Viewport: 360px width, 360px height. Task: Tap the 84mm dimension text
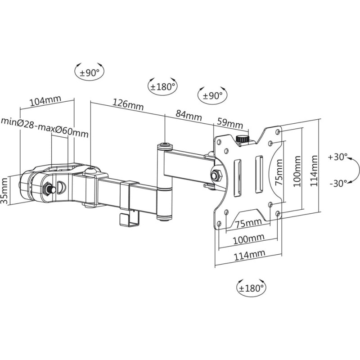pyautogui.click(x=188, y=115)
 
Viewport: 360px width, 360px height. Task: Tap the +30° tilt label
pyautogui.click(x=337, y=157)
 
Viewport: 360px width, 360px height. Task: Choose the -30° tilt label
pyautogui.click(x=337, y=183)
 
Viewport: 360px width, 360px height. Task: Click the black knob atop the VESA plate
pyautogui.click(x=243, y=139)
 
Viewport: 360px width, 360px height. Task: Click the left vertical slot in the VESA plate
pyautogui.click(x=239, y=174)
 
